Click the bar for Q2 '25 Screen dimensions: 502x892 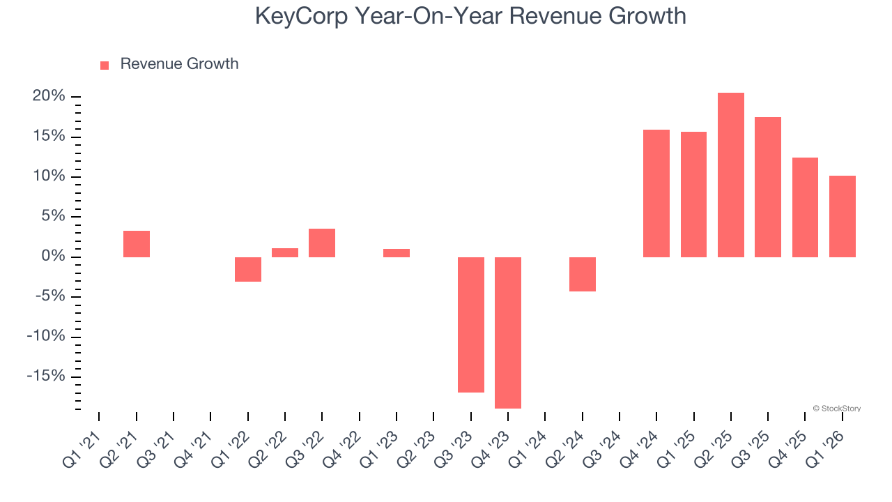tap(730, 175)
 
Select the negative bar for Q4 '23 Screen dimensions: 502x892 tap(508, 333)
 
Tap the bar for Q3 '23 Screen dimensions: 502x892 tap(470, 325)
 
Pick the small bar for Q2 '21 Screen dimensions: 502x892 tap(137, 244)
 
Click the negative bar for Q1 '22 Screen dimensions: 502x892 tap(248, 269)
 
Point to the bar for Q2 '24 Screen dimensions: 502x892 tap(583, 274)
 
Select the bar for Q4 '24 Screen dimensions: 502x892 tap(656, 193)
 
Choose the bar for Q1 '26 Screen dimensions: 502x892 tap(842, 216)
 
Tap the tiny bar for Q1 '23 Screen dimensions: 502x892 tap(397, 253)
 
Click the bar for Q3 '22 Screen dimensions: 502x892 tap(322, 243)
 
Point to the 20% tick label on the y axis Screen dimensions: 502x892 tap(49, 96)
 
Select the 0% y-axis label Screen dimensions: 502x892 tap(54, 257)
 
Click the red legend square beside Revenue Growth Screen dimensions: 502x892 tap(105, 65)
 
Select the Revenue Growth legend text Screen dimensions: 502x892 tap(179, 64)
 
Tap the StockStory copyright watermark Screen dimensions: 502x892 tap(836, 409)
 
